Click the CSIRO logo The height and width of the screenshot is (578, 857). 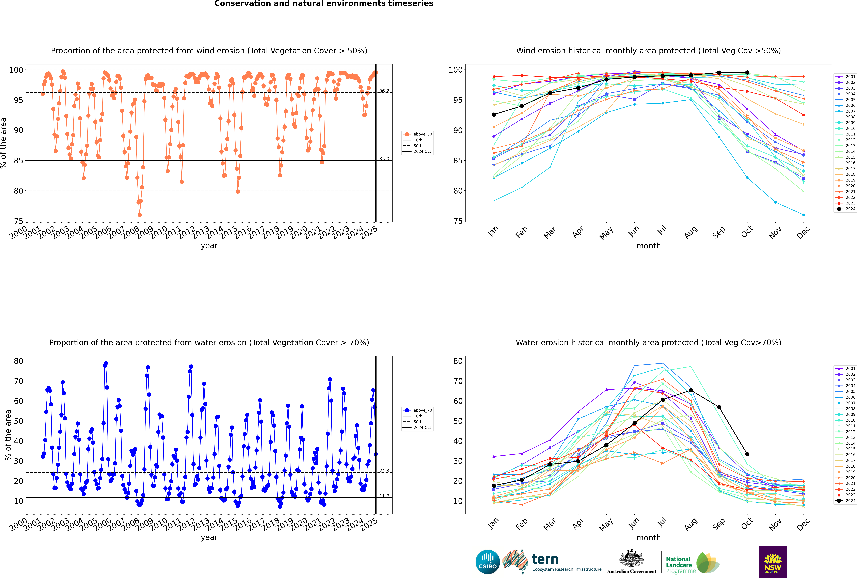click(487, 562)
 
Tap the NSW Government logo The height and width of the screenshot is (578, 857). click(773, 561)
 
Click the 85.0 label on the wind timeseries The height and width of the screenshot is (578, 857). click(384, 159)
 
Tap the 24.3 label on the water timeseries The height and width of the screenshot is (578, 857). click(384, 471)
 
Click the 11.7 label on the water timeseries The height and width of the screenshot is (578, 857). click(384, 496)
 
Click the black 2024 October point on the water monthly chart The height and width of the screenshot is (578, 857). click(747, 454)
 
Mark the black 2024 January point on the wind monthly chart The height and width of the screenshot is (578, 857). click(494, 115)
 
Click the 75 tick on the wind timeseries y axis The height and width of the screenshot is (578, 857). click(18, 221)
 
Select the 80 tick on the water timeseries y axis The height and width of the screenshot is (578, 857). click(18, 361)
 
